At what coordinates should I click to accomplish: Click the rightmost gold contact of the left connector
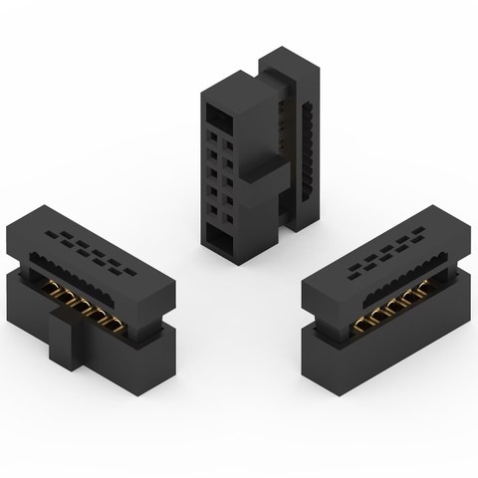(x=118, y=321)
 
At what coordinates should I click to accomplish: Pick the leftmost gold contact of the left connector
(x=48, y=288)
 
